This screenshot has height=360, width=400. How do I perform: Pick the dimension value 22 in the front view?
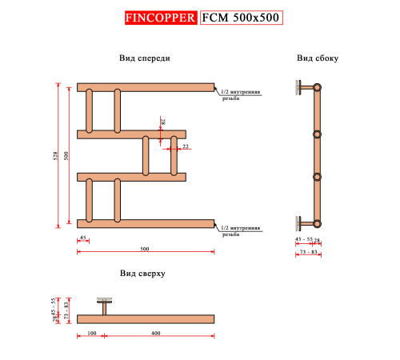tap(184, 147)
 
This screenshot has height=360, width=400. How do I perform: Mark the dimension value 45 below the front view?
tap(82, 239)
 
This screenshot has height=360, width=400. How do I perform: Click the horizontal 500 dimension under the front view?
tap(144, 250)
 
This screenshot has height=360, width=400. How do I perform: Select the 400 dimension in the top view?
tap(155, 331)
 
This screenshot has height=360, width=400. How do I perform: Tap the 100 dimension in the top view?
tap(90, 331)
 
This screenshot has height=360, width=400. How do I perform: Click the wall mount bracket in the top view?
tap(105, 305)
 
